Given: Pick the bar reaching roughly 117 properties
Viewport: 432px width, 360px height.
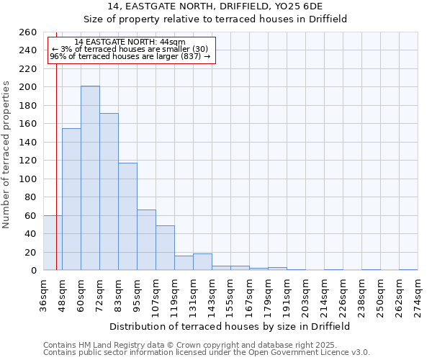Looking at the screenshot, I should click(x=127, y=216).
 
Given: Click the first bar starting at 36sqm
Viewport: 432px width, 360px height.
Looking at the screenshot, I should click(x=53, y=243).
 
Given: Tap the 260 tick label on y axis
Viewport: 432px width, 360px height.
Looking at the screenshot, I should click(x=28, y=32).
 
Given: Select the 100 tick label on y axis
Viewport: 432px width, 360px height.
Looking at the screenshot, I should click(x=28, y=179).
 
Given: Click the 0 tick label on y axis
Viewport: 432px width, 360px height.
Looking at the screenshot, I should click(x=33, y=271).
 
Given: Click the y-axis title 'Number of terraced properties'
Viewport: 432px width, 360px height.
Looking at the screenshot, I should click(x=6, y=155).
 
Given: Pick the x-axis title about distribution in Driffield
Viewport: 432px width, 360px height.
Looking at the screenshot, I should click(x=230, y=326).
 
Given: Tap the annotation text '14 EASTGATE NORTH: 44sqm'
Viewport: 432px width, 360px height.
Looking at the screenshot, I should click(x=130, y=42).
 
